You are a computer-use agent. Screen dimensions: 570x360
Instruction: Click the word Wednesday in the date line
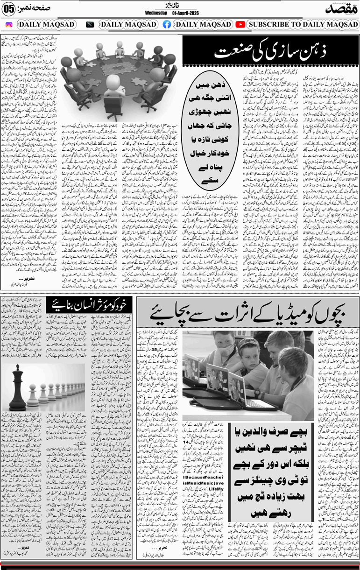tap(156, 13)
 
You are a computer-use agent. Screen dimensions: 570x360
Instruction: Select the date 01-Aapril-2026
tap(185, 13)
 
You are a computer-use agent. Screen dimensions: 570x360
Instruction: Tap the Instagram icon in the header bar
tap(9, 24)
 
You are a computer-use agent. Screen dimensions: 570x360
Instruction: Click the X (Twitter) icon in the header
tap(90, 24)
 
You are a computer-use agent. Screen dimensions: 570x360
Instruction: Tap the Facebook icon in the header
tap(167, 24)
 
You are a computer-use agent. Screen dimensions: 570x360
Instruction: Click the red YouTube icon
tap(240, 24)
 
